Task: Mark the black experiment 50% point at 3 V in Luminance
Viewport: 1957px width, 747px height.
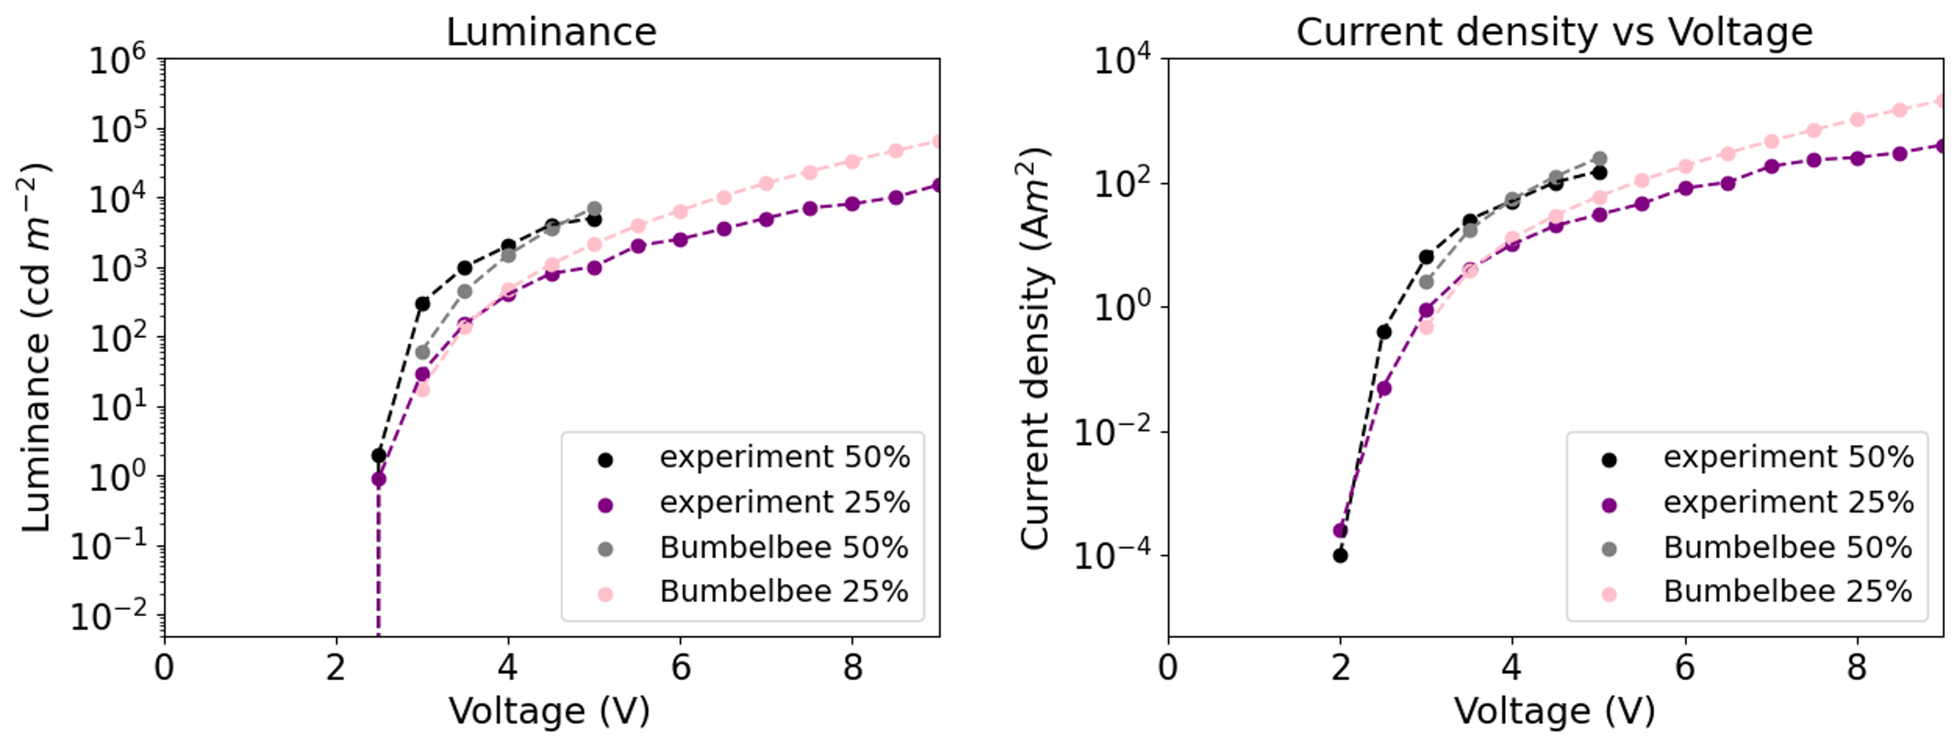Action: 422,304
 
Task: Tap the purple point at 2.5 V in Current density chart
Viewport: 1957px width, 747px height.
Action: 1384,388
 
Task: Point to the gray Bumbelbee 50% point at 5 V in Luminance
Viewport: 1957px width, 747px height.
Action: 594,208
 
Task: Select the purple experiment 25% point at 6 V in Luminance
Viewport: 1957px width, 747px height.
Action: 681,239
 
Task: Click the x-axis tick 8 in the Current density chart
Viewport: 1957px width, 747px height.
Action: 1857,668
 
